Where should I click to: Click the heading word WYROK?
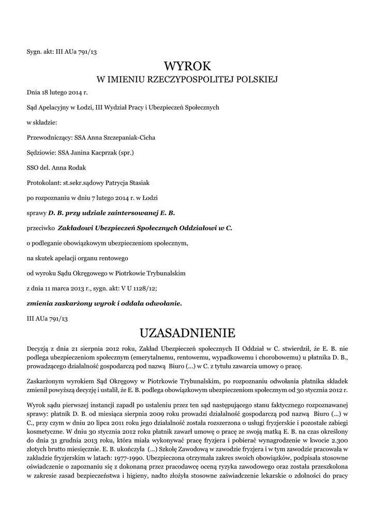(x=187, y=66)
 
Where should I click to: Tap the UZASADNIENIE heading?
(x=187, y=331)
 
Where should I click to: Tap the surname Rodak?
(x=77, y=167)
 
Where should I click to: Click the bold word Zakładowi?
(x=75, y=227)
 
